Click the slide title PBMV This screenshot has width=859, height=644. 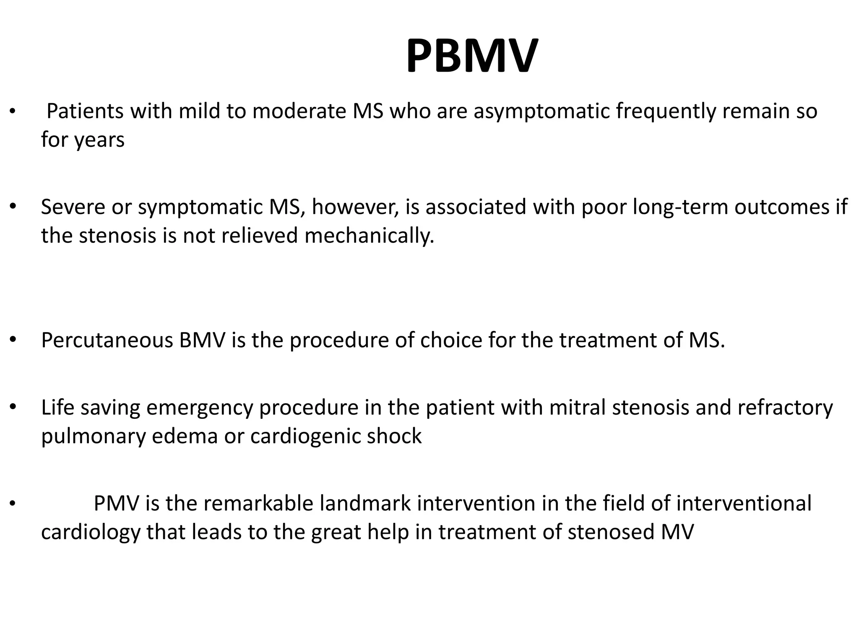click(471, 56)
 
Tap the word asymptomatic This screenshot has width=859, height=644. click(541, 112)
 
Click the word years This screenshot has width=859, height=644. click(100, 140)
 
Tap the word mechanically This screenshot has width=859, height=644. click(369, 236)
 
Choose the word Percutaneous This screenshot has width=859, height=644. click(107, 340)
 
